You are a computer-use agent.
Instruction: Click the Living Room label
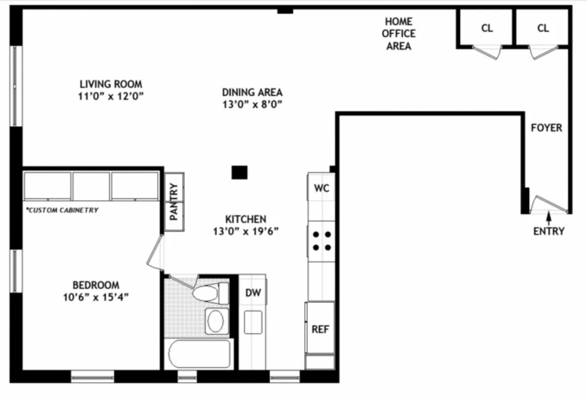111,84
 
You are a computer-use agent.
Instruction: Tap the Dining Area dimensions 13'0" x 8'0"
252,104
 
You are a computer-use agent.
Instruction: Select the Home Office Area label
399,34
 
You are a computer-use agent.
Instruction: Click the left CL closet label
487,28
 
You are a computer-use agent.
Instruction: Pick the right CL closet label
543,28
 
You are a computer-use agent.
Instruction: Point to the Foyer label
546,128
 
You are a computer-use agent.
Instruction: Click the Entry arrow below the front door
549,217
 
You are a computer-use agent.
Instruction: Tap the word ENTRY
549,231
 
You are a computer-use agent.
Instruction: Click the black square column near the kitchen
239,172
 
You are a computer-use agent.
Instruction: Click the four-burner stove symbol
321,241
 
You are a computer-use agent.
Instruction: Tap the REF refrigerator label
320,329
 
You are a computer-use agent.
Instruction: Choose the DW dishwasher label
253,293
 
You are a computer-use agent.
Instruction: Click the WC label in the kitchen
321,188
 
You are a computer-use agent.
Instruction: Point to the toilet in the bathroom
210,294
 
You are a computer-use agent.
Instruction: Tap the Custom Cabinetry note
62,210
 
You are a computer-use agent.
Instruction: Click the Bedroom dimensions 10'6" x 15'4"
95,297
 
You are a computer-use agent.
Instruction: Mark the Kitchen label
246,219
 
